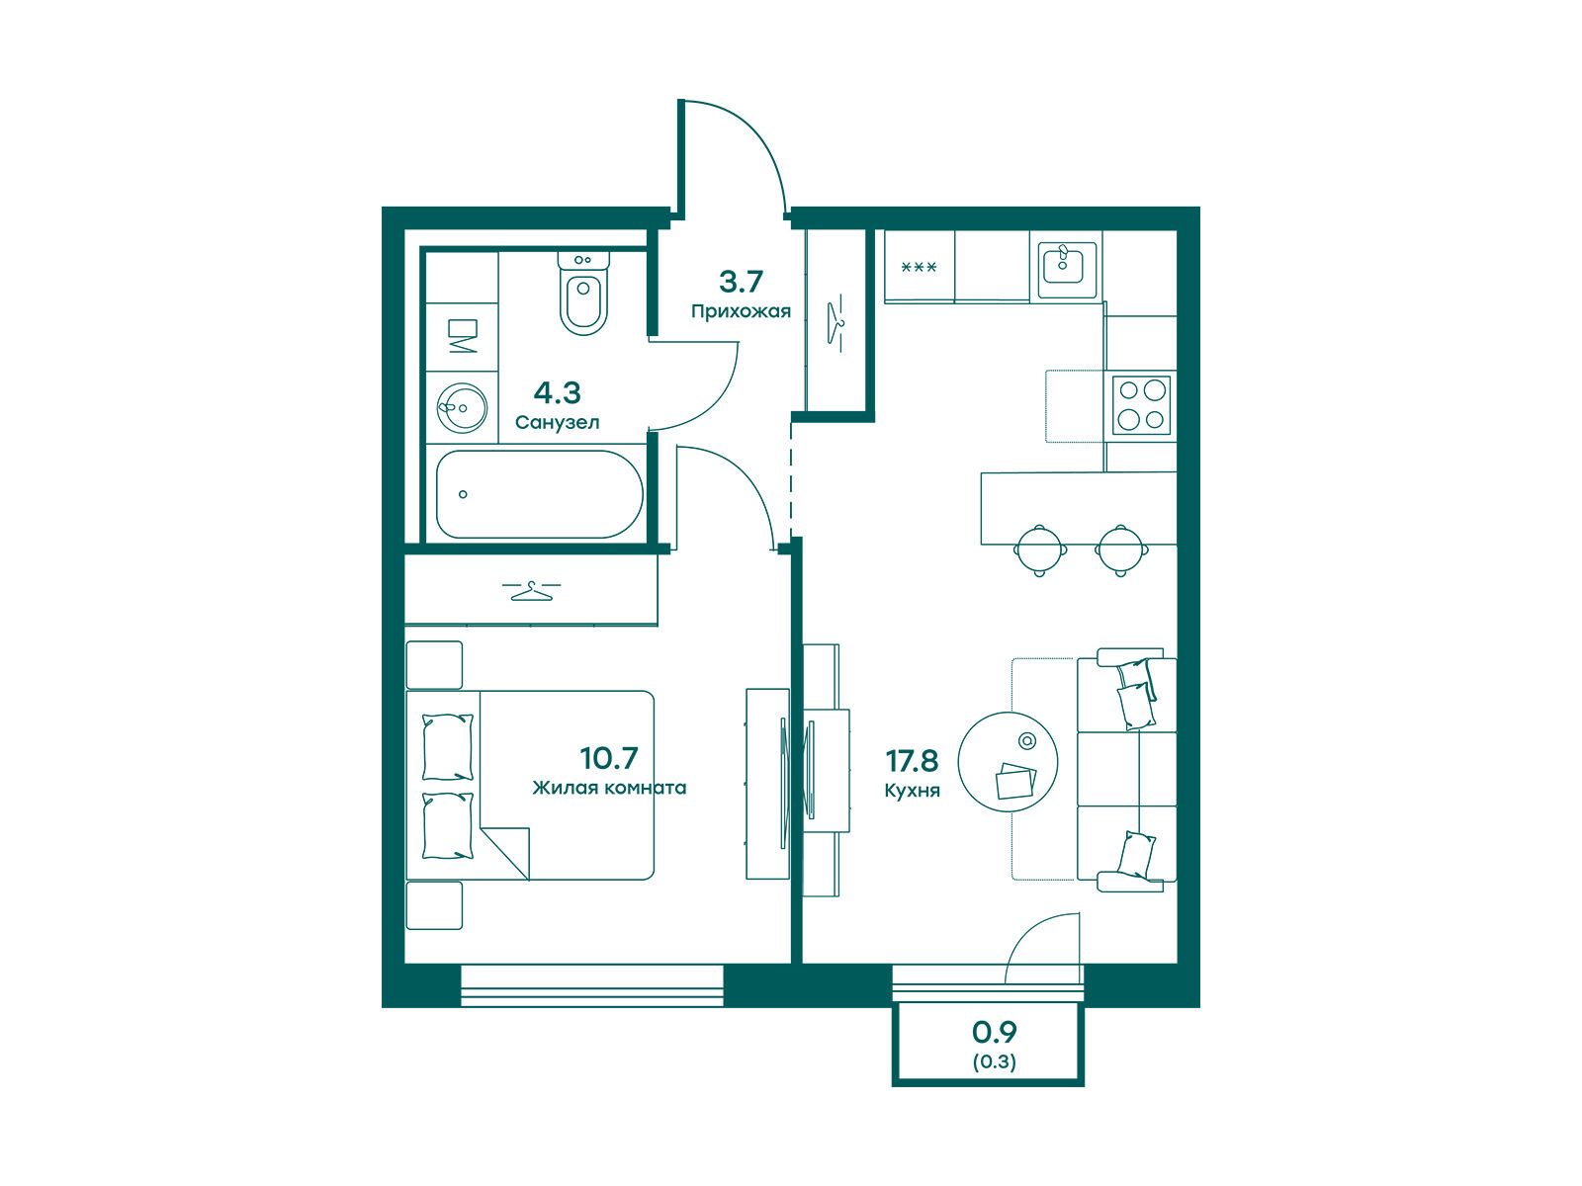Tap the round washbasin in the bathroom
462,407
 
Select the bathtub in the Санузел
539,494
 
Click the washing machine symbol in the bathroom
462,336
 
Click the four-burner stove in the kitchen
1141,405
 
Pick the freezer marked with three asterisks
919,267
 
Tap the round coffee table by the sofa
1008,763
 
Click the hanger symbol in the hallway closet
836,323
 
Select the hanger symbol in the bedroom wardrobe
531,591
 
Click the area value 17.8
912,760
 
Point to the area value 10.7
609,757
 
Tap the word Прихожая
741,311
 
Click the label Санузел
557,423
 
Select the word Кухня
912,791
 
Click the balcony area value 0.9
994,1032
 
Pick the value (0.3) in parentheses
994,1062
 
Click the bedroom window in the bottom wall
591,985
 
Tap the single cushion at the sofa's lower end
1136,855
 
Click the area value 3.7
741,282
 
